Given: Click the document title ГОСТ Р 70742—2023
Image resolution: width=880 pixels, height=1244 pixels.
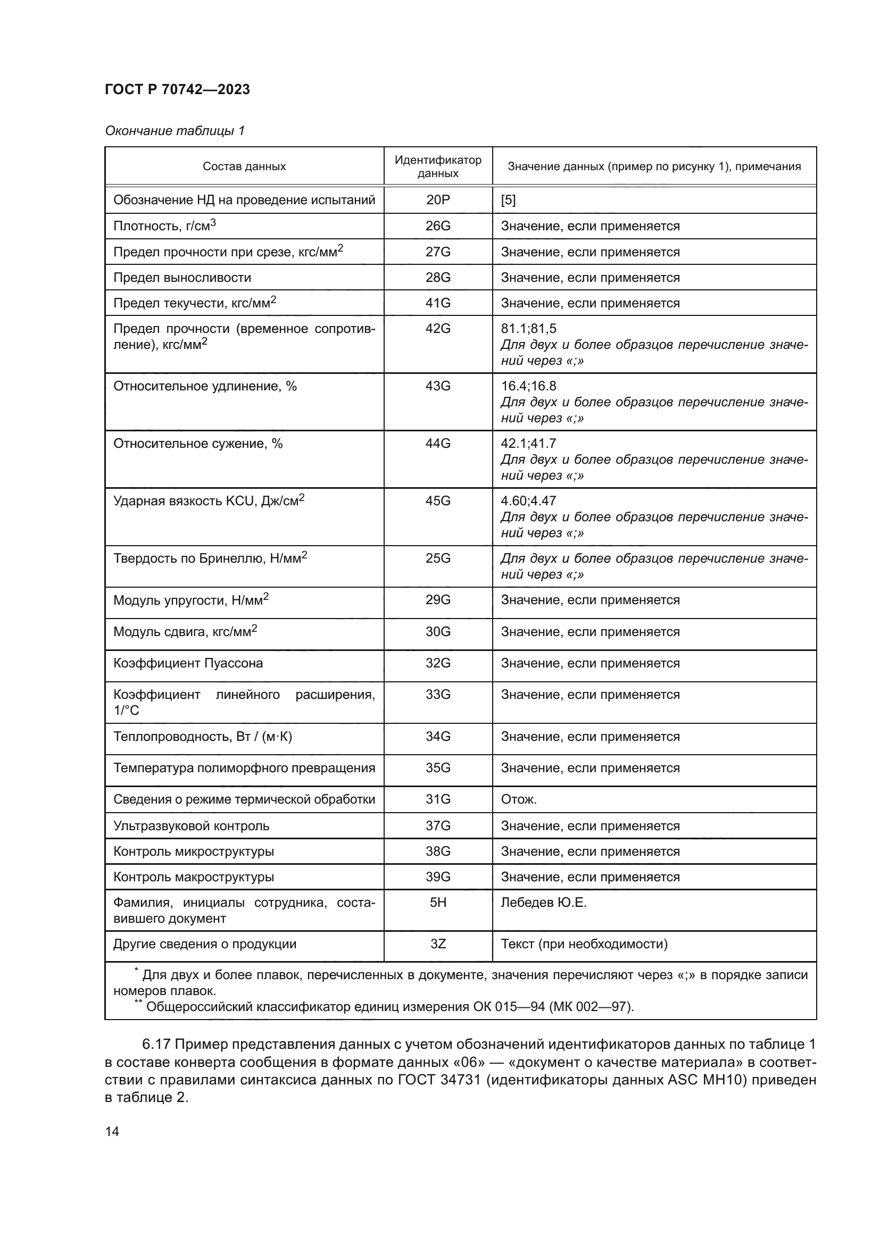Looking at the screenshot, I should [177, 89].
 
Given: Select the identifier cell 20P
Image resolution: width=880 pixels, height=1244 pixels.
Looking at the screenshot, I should [438, 200].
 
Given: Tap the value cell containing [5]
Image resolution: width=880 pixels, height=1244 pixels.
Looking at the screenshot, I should [508, 200].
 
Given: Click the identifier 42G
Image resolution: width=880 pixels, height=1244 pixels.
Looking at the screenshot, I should [438, 329].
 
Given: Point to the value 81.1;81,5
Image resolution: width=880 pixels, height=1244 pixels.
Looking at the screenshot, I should [528, 329].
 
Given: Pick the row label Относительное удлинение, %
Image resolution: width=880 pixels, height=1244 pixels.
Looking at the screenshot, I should [205, 386].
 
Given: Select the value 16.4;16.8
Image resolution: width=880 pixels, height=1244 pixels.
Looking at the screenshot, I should [528, 386].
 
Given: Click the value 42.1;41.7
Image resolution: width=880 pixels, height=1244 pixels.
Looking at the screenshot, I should [528, 444].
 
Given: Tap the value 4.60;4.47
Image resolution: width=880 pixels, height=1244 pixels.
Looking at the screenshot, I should [528, 501].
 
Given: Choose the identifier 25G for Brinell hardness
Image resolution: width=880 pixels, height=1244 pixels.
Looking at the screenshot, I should [438, 558].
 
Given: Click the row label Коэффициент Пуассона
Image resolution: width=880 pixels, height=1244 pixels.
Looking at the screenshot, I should [188, 664].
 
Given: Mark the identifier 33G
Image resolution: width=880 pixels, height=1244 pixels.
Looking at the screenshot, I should [438, 695].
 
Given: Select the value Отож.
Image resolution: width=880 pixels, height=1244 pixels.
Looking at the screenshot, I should [519, 800].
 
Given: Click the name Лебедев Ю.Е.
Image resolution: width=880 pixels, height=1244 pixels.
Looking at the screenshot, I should [544, 903].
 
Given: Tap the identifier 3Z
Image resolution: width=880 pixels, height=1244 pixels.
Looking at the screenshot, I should [438, 945].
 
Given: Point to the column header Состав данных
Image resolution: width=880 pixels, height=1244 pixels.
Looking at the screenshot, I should [244, 166].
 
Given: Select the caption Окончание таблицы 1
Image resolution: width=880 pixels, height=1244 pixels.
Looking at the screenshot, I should [175, 131].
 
